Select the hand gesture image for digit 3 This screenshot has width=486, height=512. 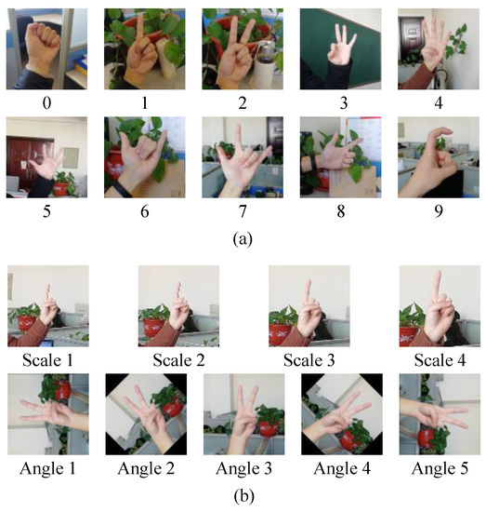[340, 47]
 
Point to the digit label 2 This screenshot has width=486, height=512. [243, 101]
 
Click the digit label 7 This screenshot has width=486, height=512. [243, 211]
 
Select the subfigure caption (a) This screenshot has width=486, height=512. [243, 238]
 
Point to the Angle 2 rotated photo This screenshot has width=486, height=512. [145, 413]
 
